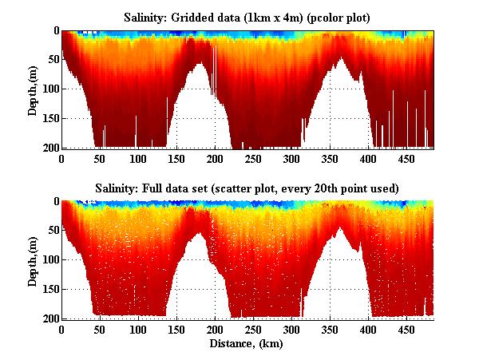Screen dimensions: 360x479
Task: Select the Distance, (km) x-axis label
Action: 247,344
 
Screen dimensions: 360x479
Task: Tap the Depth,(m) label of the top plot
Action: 33,89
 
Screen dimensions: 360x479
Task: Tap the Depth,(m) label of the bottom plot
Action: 33,260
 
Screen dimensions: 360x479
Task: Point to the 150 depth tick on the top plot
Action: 48,119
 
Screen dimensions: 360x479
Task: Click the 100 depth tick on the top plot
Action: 48,89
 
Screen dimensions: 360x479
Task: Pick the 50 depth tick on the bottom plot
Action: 50,231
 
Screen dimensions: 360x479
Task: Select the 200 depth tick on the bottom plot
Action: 48,318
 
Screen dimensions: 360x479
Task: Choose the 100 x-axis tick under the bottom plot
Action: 138,330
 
